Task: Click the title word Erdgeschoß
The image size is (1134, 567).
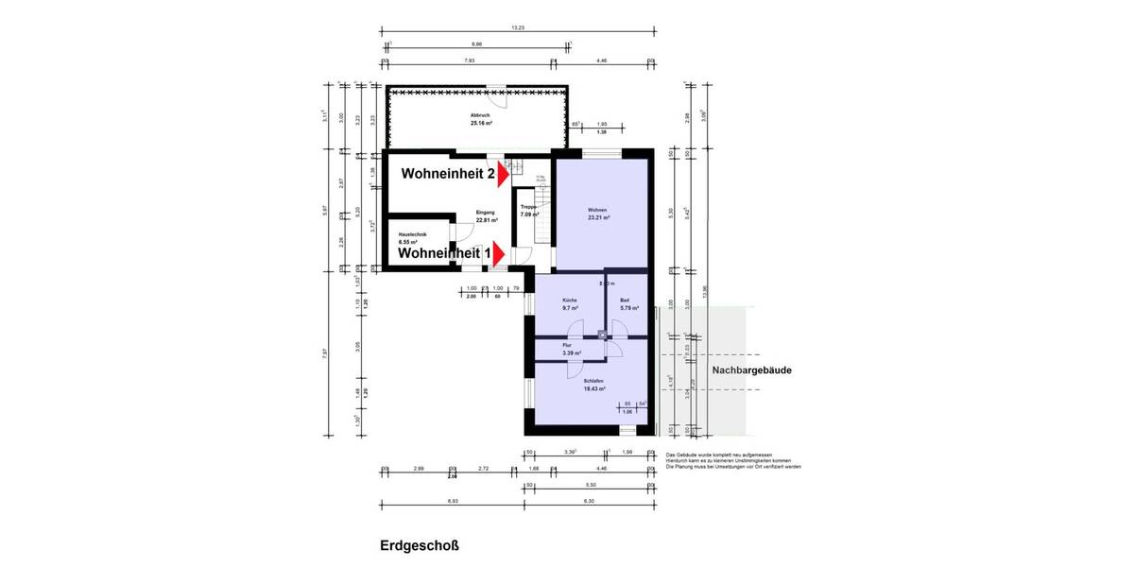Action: pyautogui.click(x=420, y=545)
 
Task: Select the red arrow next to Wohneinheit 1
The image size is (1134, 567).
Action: pyautogui.click(x=500, y=253)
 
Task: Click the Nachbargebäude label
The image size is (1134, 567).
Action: pyautogui.click(x=751, y=370)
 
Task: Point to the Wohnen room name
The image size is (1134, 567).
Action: pyautogui.click(x=596, y=210)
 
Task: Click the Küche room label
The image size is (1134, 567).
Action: pyautogui.click(x=570, y=301)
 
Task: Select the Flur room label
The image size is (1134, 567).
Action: pyautogui.click(x=567, y=346)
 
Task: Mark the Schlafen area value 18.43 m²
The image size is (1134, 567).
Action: pyautogui.click(x=593, y=388)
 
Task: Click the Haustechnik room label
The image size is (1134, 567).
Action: pyautogui.click(x=413, y=234)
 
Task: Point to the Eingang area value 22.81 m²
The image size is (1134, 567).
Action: pyautogui.click(x=487, y=220)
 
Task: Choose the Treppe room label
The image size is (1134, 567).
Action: pyautogui.click(x=528, y=207)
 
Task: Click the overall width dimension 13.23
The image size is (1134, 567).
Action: pyautogui.click(x=517, y=27)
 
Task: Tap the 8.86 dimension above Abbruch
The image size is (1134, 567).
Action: pyautogui.click(x=476, y=44)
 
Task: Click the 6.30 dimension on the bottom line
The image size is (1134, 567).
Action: pyautogui.click(x=589, y=501)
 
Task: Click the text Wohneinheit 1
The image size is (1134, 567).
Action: pyautogui.click(x=444, y=253)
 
